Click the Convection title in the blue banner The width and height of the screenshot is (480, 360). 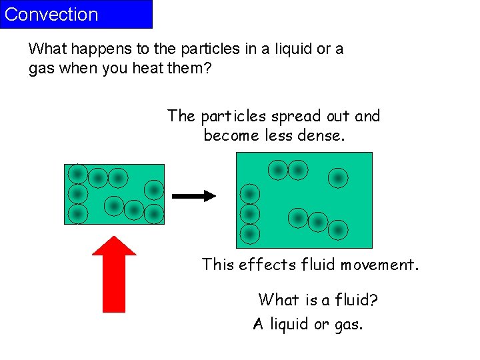(x=51, y=15)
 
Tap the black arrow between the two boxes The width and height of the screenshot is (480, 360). (x=194, y=196)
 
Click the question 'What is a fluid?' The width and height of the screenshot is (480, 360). (x=318, y=300)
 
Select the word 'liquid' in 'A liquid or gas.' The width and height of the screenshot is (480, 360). (x=289, y=324)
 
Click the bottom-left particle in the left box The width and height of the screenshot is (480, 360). (x=77, y=214)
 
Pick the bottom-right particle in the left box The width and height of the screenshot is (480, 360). (x=154, y=214)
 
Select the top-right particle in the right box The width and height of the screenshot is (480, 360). (x=338, y=178)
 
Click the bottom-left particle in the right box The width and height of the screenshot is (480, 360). (x=249, y=234)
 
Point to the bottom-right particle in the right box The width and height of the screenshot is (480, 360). (x=338, y=230)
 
